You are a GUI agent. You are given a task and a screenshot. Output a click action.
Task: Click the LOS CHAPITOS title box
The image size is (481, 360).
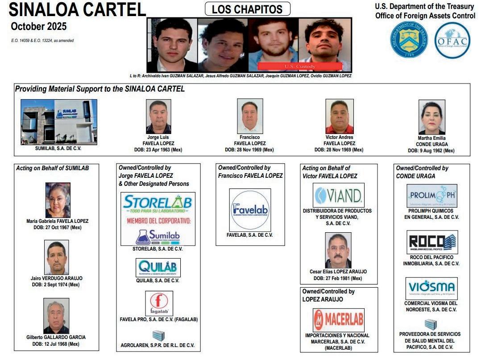pos(247,9)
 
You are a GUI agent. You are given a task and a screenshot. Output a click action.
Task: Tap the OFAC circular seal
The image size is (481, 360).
pos(452,40)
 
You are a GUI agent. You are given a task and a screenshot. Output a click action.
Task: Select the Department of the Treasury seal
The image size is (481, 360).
pos(409,40)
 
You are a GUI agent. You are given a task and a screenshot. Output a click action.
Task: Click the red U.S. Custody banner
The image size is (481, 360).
pos(300,67)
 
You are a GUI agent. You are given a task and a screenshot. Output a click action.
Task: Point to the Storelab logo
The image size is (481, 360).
pos(158,219)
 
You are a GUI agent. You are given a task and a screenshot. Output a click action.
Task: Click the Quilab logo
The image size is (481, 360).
pos(158,268)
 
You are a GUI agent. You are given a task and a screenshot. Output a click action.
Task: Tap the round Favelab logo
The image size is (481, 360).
pos(249,209)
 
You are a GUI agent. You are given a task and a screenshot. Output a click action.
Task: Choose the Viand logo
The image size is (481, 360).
pos(339,195)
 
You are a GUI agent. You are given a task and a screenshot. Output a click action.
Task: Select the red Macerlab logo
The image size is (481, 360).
pos(338,320)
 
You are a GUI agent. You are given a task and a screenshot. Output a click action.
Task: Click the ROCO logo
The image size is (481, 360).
pos(432,242)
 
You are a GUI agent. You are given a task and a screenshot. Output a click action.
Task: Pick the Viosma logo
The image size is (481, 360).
pos(431,288)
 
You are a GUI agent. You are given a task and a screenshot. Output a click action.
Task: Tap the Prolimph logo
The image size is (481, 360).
pos(431,196)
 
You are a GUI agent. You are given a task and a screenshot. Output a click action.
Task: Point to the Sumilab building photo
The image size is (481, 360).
pos(59,121)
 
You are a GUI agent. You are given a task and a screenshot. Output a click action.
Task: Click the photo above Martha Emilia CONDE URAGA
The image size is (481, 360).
pos(431,117)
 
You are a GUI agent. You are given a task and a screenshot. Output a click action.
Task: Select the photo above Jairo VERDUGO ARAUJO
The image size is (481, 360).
pos(57,257)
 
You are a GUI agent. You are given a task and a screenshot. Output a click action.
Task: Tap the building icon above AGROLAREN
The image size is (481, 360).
pos(158,335)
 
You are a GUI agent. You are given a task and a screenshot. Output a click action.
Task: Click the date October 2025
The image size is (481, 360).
pos(39,26)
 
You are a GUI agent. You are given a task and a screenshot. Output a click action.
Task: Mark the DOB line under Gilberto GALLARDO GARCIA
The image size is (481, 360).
pos(56,344)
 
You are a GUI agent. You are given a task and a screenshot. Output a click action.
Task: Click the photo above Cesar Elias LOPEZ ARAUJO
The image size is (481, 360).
pos(338,250)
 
